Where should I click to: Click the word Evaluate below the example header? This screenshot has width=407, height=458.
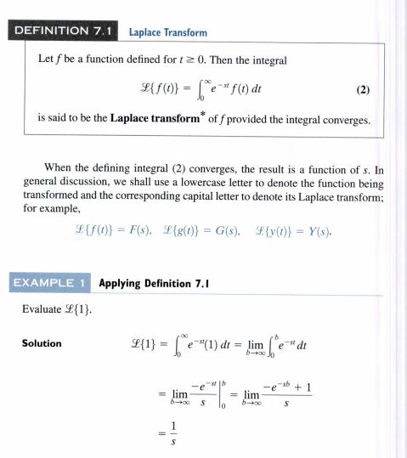tap(37, 310)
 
